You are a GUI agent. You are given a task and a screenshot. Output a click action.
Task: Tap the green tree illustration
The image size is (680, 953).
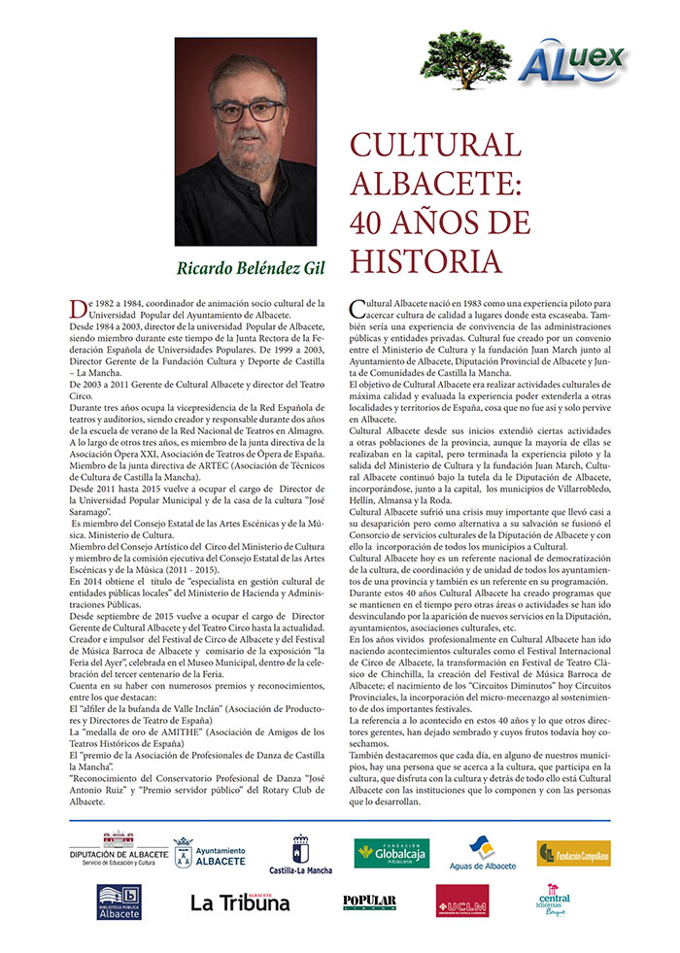pyautogui.click(x=465, y=57)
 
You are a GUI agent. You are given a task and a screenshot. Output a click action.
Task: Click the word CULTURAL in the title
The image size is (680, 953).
pyautogui.click(x=435, y=146)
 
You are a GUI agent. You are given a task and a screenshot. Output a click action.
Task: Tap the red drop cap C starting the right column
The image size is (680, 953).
pyautogui.click(x=356, y=309)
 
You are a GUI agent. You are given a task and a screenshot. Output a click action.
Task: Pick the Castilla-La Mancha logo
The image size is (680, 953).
pyautogui.click(x=300, y=856)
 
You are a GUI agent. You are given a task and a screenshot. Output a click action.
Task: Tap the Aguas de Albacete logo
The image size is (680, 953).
pyautogui.click(x=482, y=854)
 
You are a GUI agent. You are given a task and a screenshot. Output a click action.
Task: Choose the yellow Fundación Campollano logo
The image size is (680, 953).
pyautogui.click(x=573, y=853)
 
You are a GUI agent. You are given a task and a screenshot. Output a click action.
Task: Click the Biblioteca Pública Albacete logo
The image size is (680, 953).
pyautogui.click(x=119, y=902)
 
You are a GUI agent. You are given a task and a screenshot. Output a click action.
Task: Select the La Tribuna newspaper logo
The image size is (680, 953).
pyautogui.click(x=240, y=902)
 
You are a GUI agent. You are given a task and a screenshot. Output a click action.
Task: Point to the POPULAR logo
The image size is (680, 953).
pyautogui.click(x=369, y=902)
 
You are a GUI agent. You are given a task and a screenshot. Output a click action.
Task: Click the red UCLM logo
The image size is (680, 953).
pyautogui.click(x=461, y=902)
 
